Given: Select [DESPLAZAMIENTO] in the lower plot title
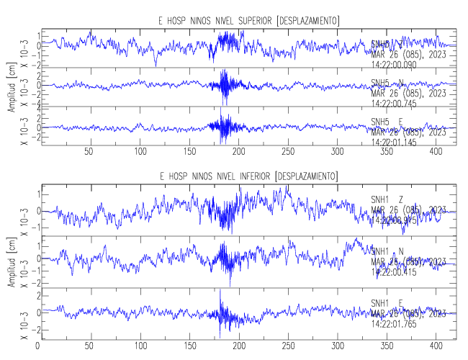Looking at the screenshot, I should pos(307,176).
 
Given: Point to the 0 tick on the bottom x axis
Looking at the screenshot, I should pos(38,345).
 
